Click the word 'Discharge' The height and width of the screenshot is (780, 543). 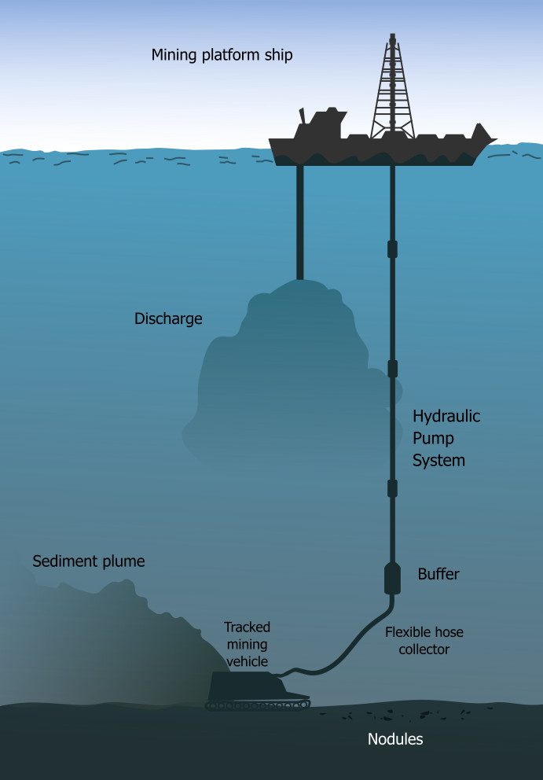[168, 318]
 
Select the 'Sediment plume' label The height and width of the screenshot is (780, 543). [89, 561]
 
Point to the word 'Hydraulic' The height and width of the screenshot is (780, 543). [446, 416]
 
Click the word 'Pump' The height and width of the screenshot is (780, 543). [434, 438]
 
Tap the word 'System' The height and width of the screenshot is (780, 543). [439, 460]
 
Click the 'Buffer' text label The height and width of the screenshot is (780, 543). [438, 574]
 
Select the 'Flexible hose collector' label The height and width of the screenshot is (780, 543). [424, 640]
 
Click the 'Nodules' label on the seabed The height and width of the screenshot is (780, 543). [395, 739]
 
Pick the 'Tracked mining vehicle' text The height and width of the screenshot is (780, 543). [248, 644]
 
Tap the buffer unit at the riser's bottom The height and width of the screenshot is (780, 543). [393, 578]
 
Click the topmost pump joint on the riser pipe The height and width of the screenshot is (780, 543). [393, 249]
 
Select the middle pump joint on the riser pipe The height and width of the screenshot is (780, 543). [393, 368]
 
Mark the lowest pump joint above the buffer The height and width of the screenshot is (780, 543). [393, 488]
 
